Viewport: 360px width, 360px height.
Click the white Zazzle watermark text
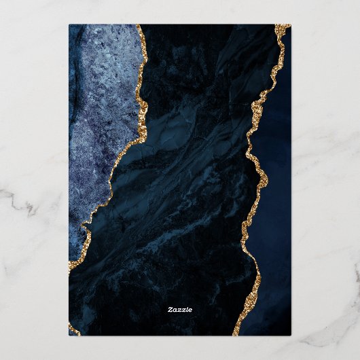point(180,310)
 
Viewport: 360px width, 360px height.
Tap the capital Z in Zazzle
point(170,310)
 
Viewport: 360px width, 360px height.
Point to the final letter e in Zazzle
point(190,310)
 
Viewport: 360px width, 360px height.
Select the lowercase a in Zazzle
point(175,310)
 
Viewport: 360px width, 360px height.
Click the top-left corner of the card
point(69,25)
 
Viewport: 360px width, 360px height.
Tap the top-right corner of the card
point(291,25)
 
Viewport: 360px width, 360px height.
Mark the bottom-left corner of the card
point(69,335)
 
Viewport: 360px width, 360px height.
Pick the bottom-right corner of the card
point(291,335)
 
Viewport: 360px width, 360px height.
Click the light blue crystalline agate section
point(98,122)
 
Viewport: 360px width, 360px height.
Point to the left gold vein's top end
point(139,27)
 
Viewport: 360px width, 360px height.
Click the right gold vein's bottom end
point(236,333)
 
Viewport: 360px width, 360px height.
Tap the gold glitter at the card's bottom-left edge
point(72,329)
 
